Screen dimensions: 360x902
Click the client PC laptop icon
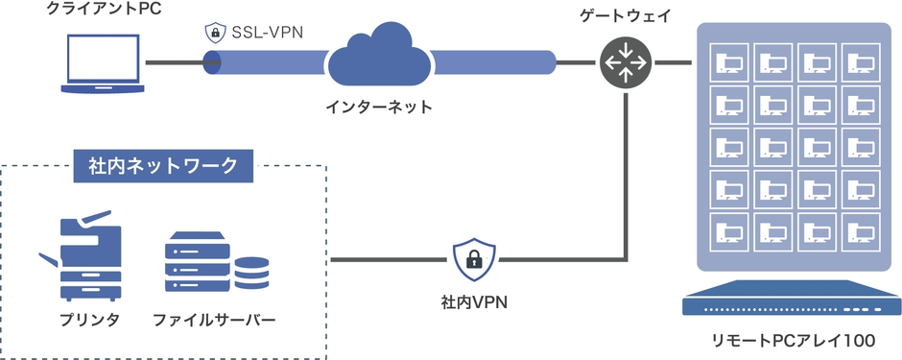102,63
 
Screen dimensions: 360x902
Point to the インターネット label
378,107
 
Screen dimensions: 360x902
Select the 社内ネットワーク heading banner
163,166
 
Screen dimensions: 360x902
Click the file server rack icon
199,262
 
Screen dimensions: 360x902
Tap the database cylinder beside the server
251,272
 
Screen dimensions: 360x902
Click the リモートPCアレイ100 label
792,341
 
